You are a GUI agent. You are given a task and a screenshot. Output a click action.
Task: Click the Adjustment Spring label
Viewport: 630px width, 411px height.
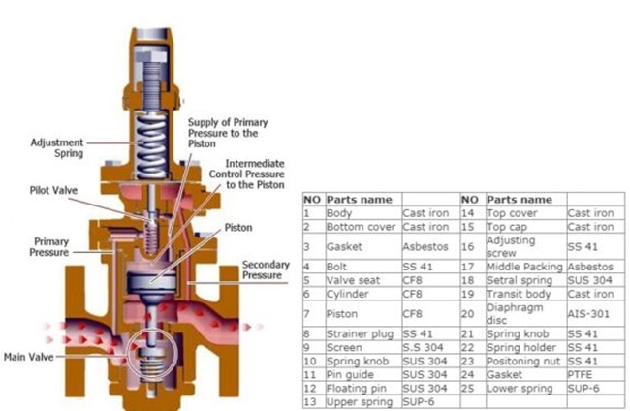[x=57, y=148]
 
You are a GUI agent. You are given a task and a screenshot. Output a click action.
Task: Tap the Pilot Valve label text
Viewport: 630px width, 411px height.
[x=53, y=190]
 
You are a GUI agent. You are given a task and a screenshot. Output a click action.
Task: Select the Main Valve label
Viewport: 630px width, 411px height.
[x=28, y=357]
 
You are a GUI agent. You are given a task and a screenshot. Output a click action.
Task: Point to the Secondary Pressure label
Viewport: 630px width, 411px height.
[x=266, y=270]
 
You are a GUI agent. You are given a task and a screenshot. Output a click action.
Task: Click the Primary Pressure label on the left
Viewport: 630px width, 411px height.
[x=49, y=247]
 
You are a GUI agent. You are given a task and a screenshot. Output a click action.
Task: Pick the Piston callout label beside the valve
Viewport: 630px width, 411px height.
[x=238, y=228]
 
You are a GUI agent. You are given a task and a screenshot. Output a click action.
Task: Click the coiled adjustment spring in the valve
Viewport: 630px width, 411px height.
[x=150, y=146]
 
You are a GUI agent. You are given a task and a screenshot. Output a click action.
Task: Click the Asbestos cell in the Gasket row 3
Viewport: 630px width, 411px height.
[x=425, y=246]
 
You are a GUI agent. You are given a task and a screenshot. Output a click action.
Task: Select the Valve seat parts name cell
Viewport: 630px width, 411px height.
[x=353, y=280]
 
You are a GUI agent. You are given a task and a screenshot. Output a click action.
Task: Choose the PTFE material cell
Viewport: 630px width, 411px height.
[x=580, y=375]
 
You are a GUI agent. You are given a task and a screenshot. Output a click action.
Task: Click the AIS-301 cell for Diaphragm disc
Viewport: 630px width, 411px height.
[x=588, y=314]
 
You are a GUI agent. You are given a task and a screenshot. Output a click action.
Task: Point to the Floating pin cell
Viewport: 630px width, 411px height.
[x=356, y=389]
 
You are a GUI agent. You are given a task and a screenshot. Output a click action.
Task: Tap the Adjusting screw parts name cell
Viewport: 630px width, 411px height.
[x=511, y=246]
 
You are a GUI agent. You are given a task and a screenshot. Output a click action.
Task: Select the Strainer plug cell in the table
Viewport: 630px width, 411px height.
[x=360, y=334]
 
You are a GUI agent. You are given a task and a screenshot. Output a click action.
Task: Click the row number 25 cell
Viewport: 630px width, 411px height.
[x=468, y=389]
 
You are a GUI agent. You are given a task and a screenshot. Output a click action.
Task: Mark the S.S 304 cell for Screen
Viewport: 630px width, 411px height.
[x=423, y=348]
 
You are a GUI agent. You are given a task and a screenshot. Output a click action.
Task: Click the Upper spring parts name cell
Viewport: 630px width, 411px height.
[x=360, y=401]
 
